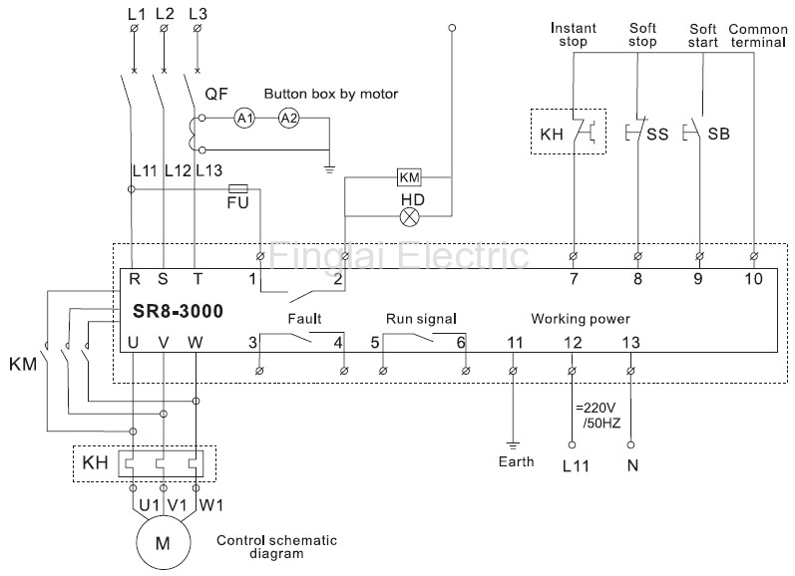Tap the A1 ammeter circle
[245, 119]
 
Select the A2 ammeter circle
[289, 119]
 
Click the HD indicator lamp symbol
[410, 217]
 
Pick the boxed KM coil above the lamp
[409, 177]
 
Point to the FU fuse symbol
[237, 189]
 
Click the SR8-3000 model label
[178, 311]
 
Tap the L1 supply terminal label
[137, 14]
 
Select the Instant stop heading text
[574, 35]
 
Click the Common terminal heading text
[758, 36]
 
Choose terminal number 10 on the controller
[753, 279]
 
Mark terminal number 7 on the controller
[574, 279]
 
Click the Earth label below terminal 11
[516, 461]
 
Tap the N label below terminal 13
[632, 465]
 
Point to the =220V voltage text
[596, 408]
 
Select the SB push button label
[718, 135]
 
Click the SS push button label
[657, 135]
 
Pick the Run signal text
[421, 319]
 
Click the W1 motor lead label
[210, 505]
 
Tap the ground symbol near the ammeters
[329, 169]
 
